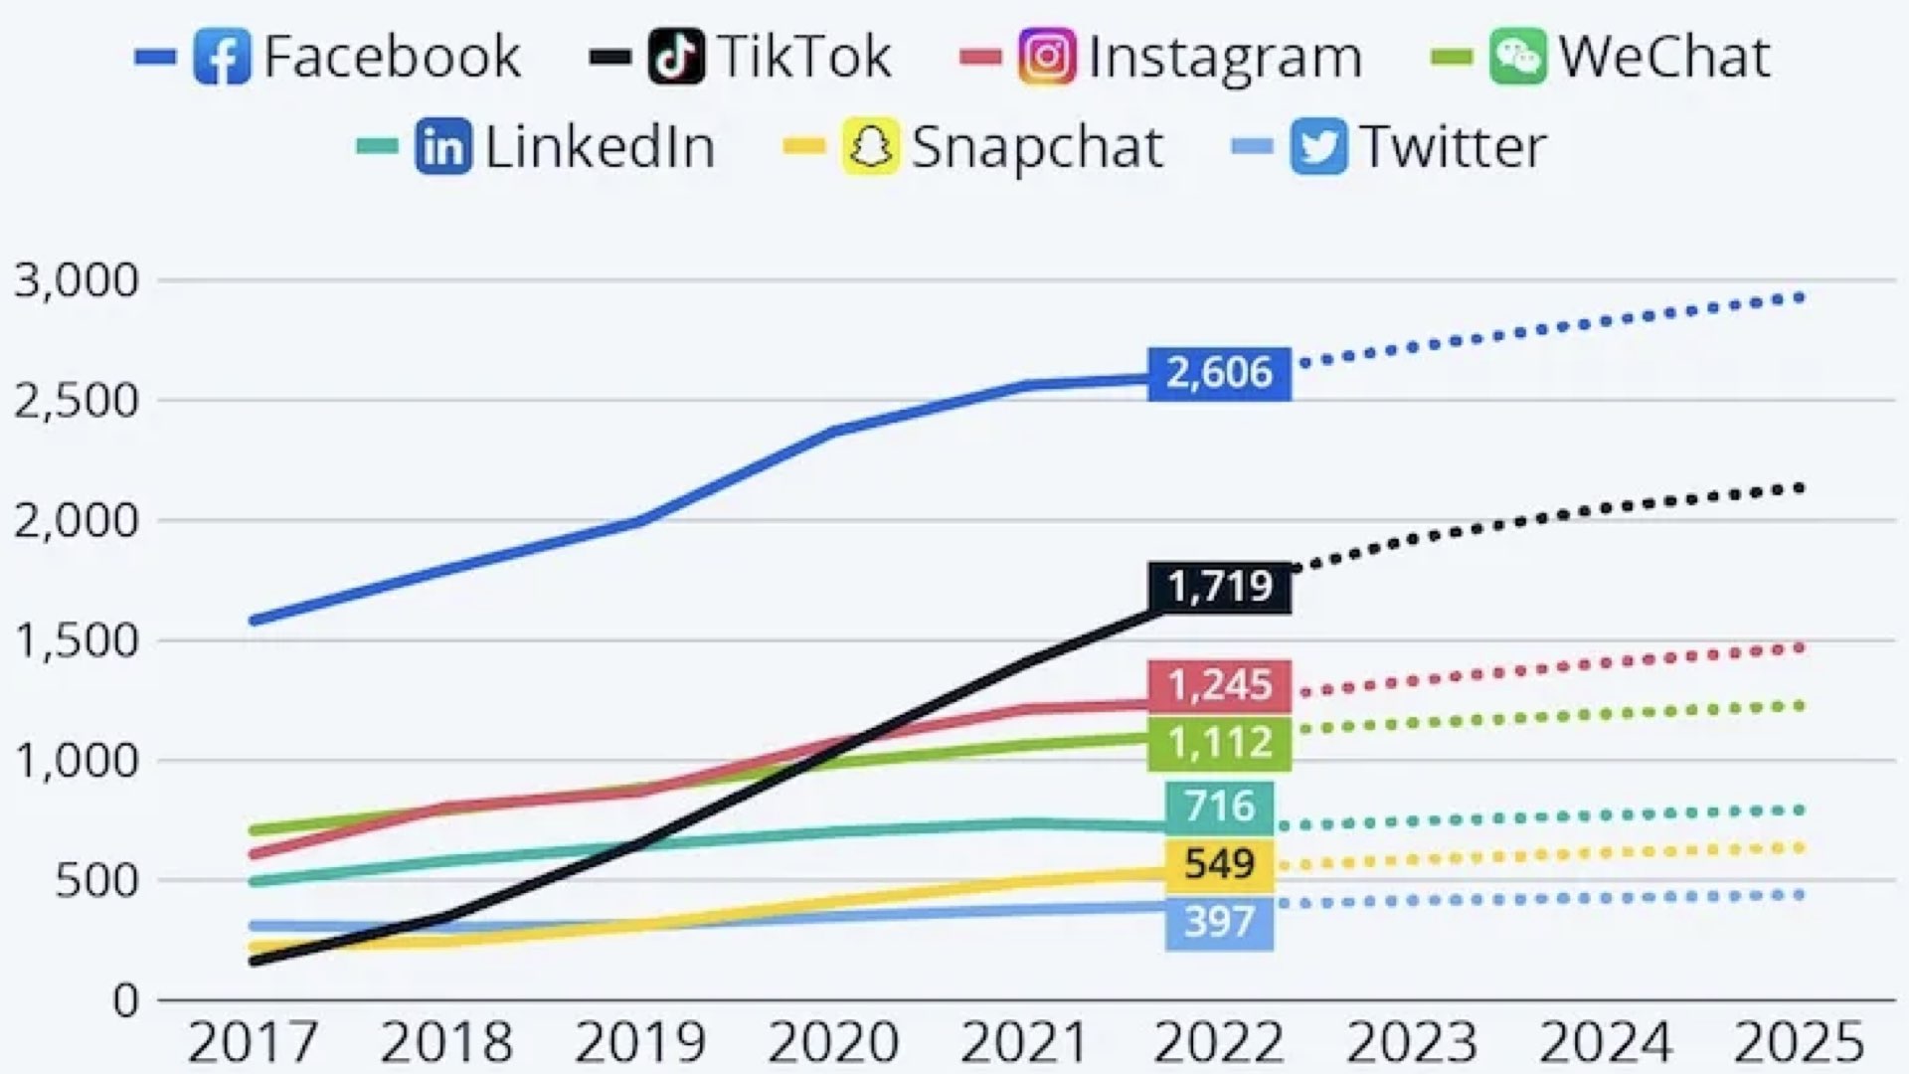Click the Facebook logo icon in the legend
(x=222, y=57)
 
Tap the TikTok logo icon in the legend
(x=676, y=57)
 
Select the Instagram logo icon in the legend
(x=1046, y=57)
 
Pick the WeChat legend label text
(x=1663, y=57)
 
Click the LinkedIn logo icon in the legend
(x=443, y=147)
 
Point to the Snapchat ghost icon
(x=871, y=147)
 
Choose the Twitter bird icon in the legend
(x=1318, y=147)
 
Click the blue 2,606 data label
(x=1219, y=373)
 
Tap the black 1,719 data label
(x=1219, y=587)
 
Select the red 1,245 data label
(x=1219, y=685)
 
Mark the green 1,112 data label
(x=1219, y=743)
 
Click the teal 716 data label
(x=1219, y=805)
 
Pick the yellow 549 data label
(x=1219, y=863)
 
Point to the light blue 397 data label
(x=1219, y=922)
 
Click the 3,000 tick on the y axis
(x=77, y=280)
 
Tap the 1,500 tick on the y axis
(x=77, y=640)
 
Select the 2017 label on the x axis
(x=253, y=1042)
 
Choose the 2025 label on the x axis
(x=1799, y=1042)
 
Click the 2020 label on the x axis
(x=833, y=1042)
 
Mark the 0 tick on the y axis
(x=125, y=1000)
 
